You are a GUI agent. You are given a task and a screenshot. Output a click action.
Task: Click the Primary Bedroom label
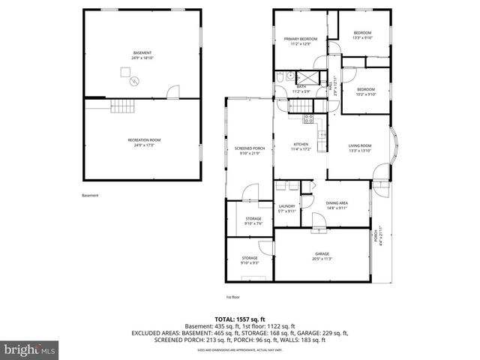tap(300, 38)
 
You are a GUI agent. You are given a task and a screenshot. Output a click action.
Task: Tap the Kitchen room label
tap(300, 145)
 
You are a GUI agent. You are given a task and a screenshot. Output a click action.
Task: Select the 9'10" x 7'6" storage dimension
tap(252, 223)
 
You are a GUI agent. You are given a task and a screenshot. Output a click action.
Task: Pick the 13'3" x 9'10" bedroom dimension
tap(362, 37)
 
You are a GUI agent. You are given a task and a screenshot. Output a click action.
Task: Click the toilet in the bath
tap(278, 77)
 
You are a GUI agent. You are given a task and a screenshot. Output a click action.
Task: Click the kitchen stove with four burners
tap(307, 118)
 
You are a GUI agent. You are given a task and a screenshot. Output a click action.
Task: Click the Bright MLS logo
tap(30, 349)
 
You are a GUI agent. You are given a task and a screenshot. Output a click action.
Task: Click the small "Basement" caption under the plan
tap(90, 196)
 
